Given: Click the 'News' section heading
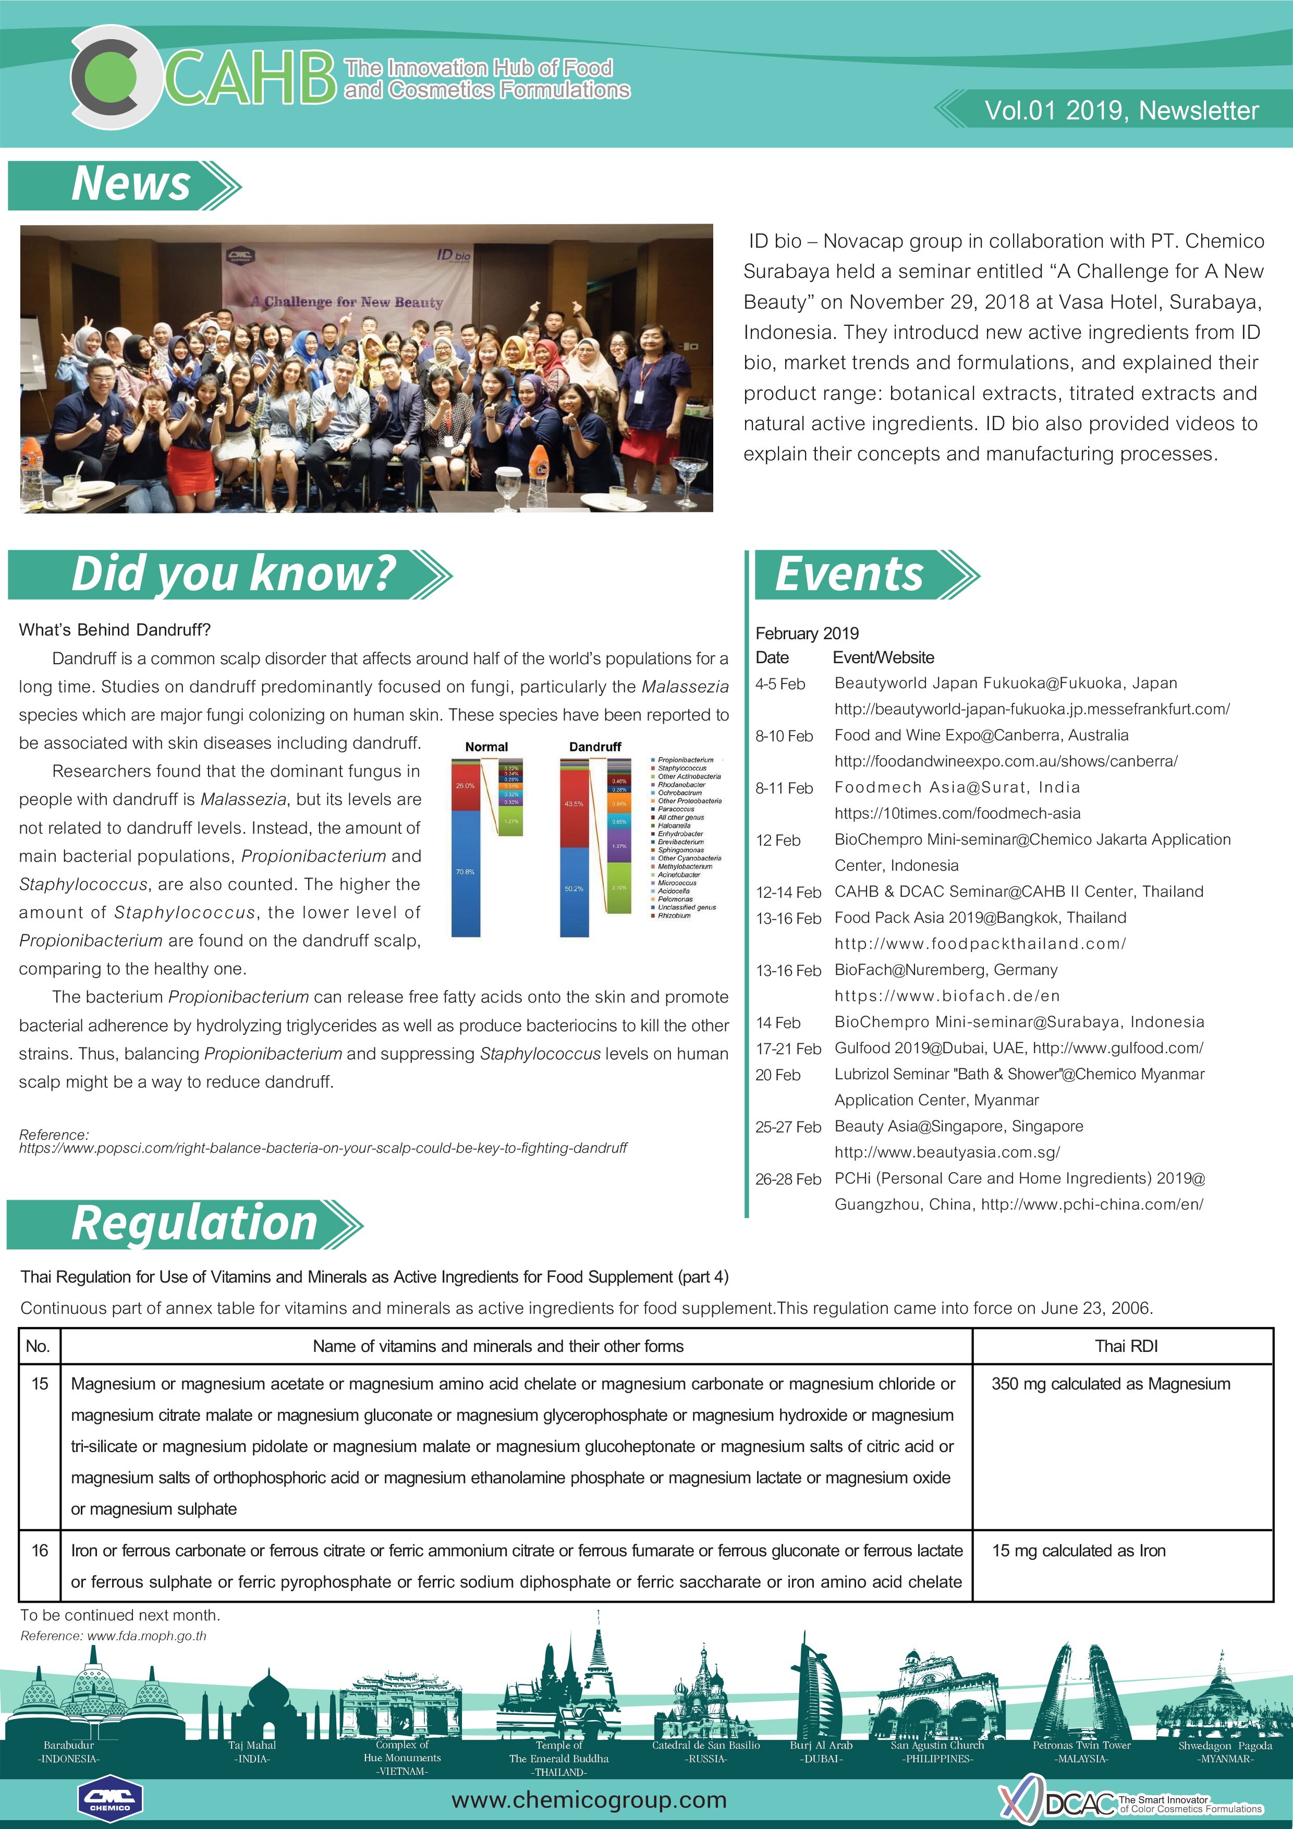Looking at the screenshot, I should pyautogui.click(x=131, y=185).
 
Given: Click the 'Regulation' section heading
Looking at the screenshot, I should pyautogui.click(x=194, y=1224).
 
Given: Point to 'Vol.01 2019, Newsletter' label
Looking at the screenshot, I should pyautogui.click(x=1121, y=111).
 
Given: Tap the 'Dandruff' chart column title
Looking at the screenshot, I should pyautogui.click(x=594, y=747).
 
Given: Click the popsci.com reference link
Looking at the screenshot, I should pyautogui.click(x=323, y=1148).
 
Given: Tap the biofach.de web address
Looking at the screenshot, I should pyautogui.click(x=946, y=996).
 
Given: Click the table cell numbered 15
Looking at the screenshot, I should pyautogui.click(x=40, y=1384).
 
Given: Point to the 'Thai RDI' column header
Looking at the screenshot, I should pyautogui.click(x=1126, y=1346).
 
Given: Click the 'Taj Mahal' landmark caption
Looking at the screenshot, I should pyautogui.click(x=252, y=1746).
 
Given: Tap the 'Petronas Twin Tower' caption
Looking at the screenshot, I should pyautogui.click(x=1081, y=1746).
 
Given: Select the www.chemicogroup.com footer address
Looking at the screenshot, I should pyautogui.click(x=589, y=1800).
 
